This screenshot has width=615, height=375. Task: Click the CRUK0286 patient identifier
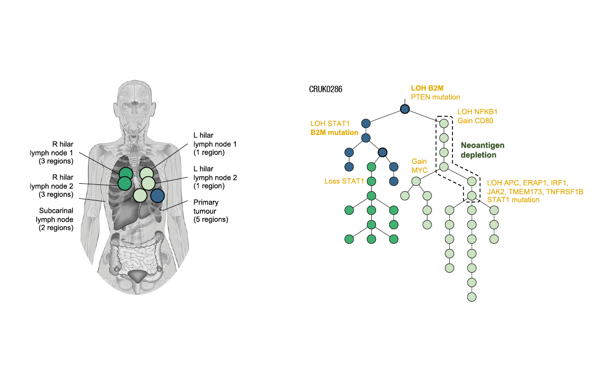[326, 89]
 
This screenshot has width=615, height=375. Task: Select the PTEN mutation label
[435, 97]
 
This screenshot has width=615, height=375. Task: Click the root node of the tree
[405, 109]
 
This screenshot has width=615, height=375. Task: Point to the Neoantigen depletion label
[483, 150]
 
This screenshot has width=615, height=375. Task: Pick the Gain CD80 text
[475, 121]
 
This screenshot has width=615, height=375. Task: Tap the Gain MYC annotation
[419, 166]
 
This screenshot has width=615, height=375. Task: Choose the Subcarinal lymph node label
[56, 219]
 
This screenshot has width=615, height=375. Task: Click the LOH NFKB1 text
[476, 112]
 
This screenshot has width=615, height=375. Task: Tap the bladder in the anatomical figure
[137, 276]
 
